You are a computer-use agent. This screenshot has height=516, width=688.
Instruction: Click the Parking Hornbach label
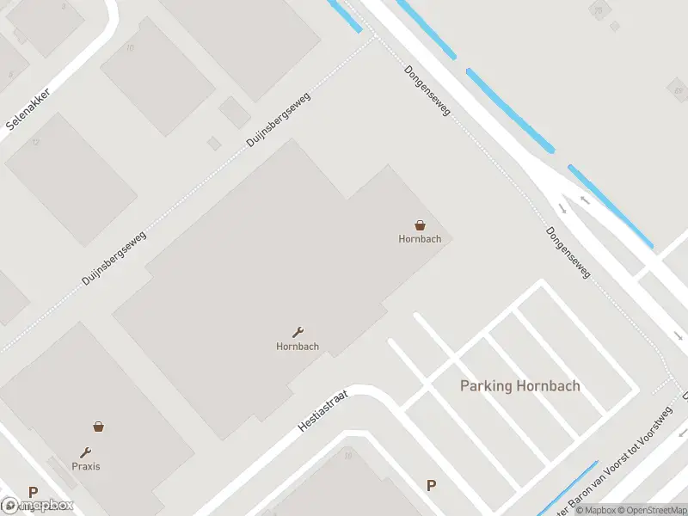click(519, 386)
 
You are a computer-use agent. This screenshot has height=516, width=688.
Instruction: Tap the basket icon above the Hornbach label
click(420, 224)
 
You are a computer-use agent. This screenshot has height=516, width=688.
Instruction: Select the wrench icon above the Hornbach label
click(298, 332)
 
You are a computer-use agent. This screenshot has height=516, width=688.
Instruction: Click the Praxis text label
click(86, 466)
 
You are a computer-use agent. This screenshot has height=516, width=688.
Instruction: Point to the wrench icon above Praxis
click(86, 452)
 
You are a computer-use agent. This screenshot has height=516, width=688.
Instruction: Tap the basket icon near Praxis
click(99, 426)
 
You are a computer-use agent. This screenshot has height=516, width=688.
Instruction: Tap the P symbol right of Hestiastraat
click(431, 486)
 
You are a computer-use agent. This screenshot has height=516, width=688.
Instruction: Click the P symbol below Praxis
click(33, 493)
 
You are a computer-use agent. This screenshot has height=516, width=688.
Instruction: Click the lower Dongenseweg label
click(568, 252)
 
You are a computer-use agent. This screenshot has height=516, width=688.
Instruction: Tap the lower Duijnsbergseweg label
click(114, 258)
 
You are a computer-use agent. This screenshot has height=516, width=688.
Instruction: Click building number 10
click(130, 47)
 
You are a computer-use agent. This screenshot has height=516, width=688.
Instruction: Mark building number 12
click(36, 141)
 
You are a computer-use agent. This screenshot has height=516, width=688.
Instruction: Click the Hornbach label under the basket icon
click(420, 239)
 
